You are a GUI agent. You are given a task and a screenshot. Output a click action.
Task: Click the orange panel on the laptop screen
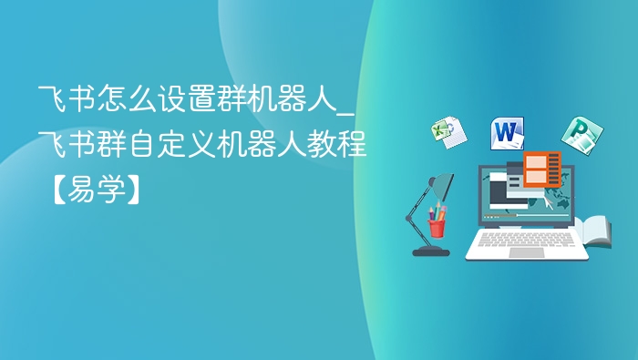[542, 169]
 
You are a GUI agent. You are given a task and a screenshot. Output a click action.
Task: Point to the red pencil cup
[437, 225]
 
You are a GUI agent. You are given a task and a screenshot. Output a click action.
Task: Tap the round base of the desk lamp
[430, 251]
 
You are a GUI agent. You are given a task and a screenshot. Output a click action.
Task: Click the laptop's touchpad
[526, 252]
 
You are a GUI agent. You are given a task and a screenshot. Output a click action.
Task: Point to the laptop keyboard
[526, 239]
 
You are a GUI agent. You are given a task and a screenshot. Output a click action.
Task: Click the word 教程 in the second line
[338, 144]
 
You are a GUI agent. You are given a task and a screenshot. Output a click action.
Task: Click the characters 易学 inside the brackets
[91, 190]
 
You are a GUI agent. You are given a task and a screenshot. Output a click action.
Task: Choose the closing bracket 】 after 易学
[132, 190]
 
